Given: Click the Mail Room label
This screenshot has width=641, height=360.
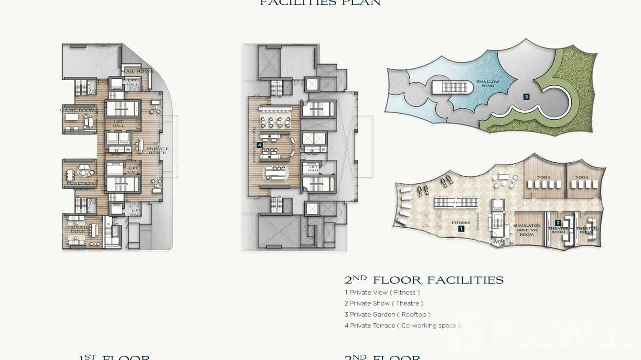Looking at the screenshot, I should pos(137,71).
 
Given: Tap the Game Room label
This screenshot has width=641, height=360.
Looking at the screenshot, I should pos(77,110).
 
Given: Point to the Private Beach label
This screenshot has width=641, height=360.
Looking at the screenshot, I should pos(157,150).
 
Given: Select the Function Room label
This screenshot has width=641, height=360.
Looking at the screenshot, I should pos(80,186).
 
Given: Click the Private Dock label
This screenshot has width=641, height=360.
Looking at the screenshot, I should pos(78,229).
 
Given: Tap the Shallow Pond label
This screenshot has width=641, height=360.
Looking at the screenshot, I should pos(488,84).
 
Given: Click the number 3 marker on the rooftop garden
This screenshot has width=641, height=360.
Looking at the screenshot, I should pos(526,96).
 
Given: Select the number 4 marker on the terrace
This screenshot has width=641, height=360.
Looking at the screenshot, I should pos(259,145).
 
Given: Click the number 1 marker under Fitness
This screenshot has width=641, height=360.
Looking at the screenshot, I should pos(461,229).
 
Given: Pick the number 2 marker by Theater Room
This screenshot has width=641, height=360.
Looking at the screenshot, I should pos(557,222).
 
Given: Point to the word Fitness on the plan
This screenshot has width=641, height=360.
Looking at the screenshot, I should pos(461,222).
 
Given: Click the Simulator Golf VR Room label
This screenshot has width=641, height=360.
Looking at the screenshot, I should pos(526,230).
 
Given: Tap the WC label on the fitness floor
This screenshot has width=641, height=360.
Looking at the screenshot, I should pos(497,242).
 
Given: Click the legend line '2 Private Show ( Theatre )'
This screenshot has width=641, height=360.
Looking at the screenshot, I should pos(384,303).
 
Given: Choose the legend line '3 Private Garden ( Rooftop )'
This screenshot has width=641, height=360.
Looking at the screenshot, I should pos(387,314).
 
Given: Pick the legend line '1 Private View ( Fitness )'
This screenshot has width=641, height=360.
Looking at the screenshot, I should pos(382,292).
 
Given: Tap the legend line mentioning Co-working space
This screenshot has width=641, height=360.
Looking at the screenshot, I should pos(402,325).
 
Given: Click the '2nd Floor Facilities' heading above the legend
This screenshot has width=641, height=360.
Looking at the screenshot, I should pos(424,280).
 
